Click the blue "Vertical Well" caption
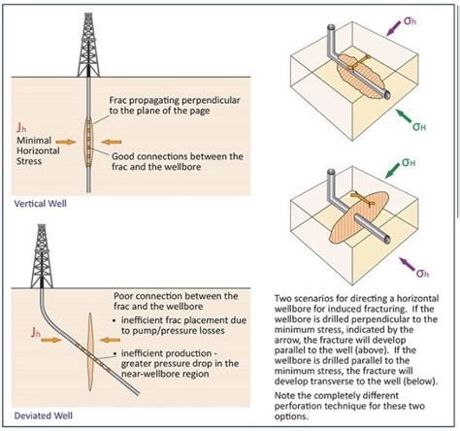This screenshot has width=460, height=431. [42, 206]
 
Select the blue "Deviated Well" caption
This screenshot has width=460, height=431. [43, 418]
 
